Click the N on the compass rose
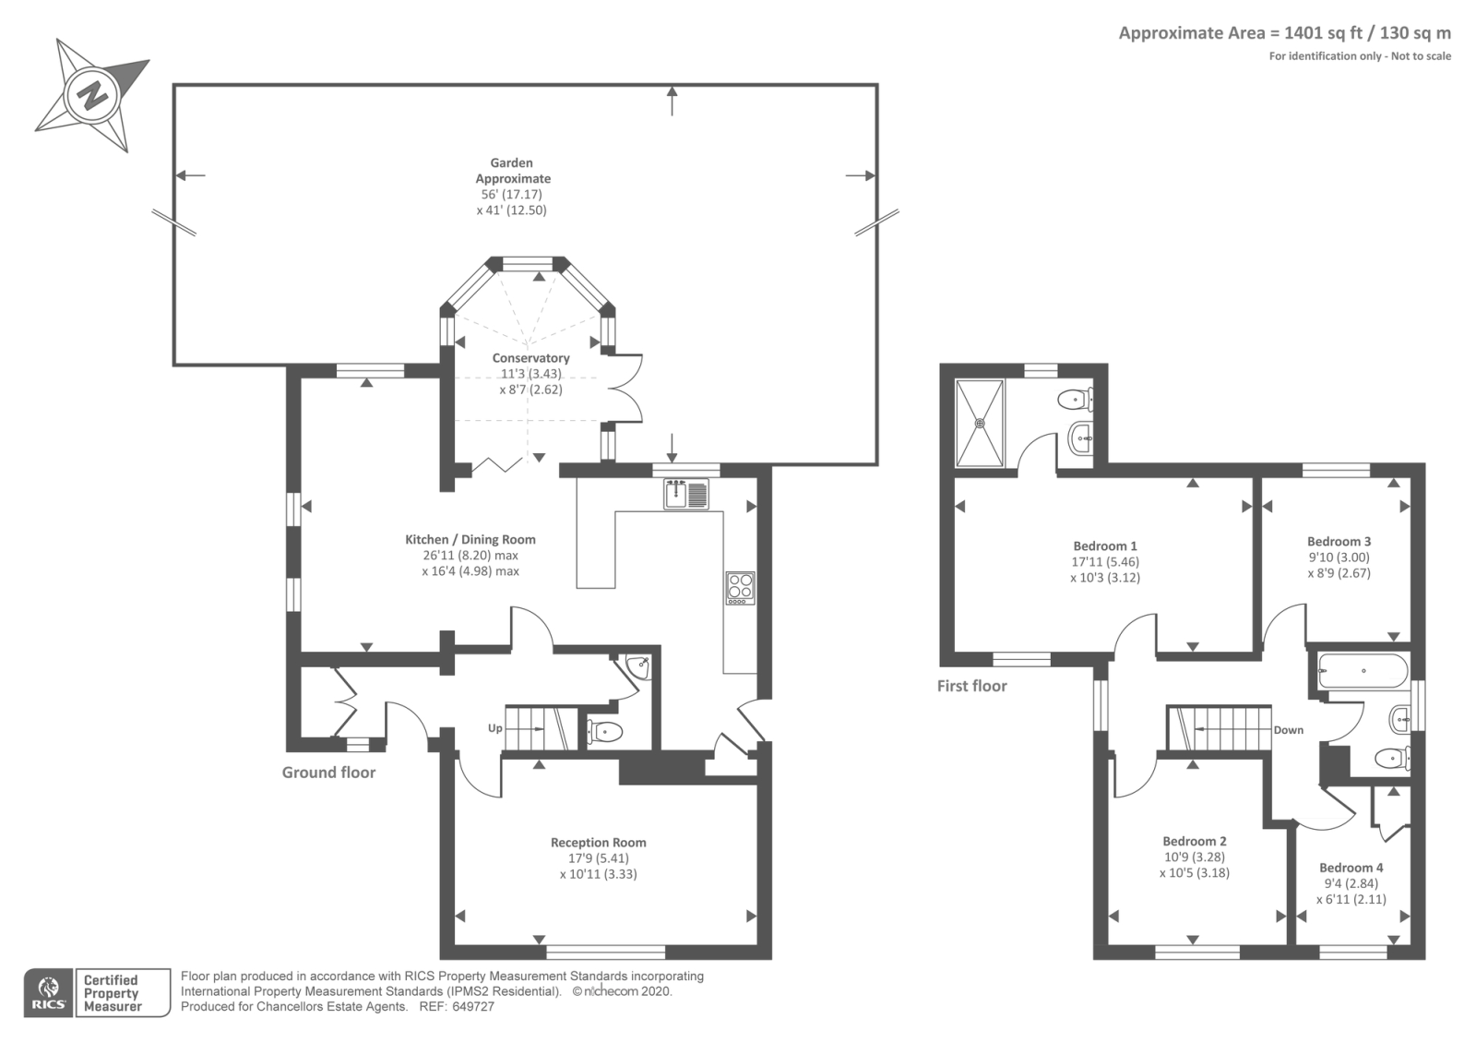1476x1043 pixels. (91, 95)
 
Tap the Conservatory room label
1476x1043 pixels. (531, 358)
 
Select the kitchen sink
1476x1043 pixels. (686, 494)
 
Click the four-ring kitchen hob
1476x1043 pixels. (740, 588)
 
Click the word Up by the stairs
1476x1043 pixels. (494, 728)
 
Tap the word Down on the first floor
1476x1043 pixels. (1288, 730)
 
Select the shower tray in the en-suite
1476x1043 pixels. (980, 423)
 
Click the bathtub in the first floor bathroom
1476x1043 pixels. (1363, 671)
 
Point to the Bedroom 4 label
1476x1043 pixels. (1351, 868)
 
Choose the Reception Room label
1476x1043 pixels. (599, 843)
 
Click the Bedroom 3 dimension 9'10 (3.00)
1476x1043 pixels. (1339, 557)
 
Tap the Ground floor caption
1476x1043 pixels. (328, 773)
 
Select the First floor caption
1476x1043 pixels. (972, 687)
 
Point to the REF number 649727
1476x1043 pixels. (473, 1007)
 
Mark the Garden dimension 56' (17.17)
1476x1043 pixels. (511, 195)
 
